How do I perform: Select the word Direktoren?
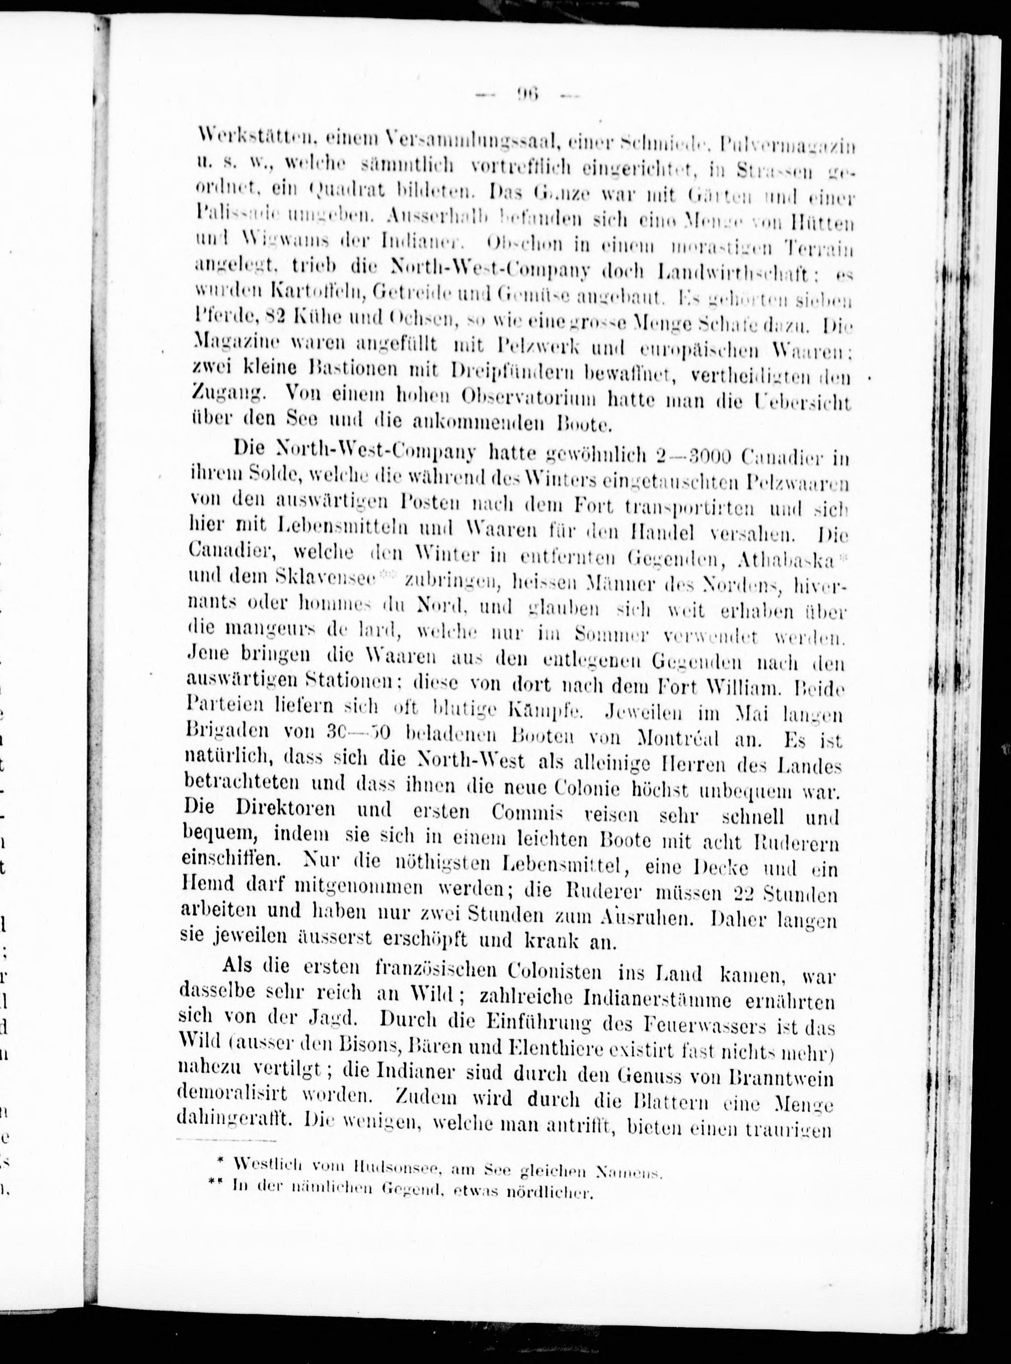coord(285,808)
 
